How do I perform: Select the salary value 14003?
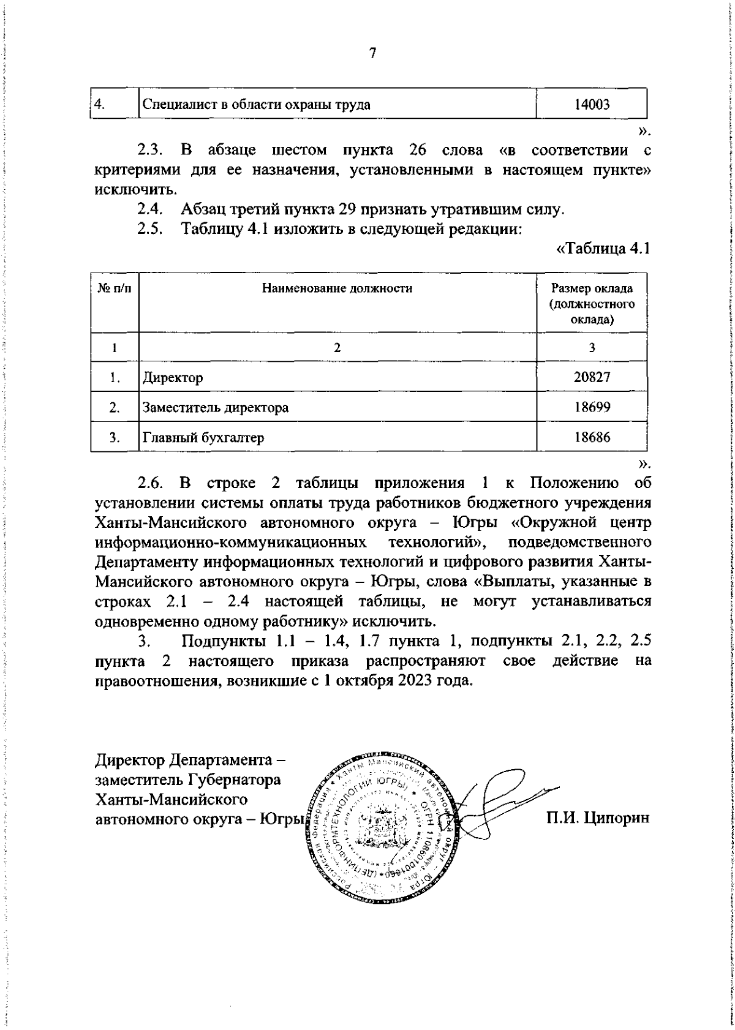(592, 104)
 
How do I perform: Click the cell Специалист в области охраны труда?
(256, 104)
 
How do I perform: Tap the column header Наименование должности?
(337, 288)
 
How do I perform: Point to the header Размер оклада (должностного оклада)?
(592, 304)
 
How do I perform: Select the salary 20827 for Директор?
(592, 377)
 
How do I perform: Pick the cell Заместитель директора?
(216, 407)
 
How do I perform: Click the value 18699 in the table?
(592, 407)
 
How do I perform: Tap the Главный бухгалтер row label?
(203, 437)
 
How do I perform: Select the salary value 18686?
(592, 437)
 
